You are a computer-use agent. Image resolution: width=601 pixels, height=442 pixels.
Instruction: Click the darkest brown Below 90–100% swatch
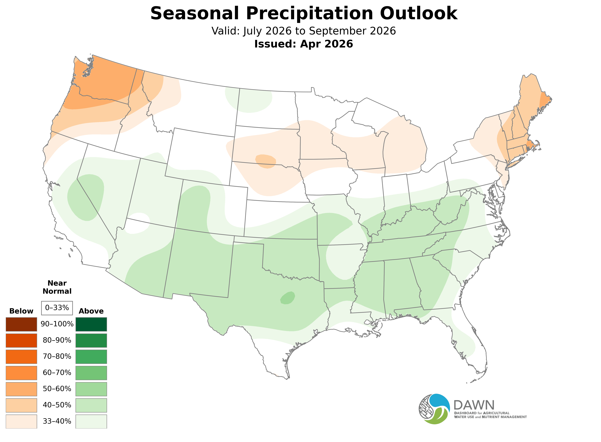click(21, 324)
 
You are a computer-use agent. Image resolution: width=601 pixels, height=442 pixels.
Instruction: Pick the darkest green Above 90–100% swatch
click(91, 324)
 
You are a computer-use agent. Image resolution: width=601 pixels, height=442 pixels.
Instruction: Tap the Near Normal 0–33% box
click(57, 308)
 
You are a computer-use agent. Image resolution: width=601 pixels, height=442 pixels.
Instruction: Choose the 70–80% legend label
click(57, 356)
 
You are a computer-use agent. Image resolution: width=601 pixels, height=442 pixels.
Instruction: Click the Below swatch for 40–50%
click(21, 405)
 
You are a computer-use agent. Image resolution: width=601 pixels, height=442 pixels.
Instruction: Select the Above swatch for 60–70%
click(91, 373)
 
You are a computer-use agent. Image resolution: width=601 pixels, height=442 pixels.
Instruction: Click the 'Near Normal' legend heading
click(57, 287)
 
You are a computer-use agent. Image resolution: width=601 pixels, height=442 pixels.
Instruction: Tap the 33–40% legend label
click(57, 421)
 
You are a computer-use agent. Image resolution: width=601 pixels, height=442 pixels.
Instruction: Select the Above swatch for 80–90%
click(91, 340)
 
